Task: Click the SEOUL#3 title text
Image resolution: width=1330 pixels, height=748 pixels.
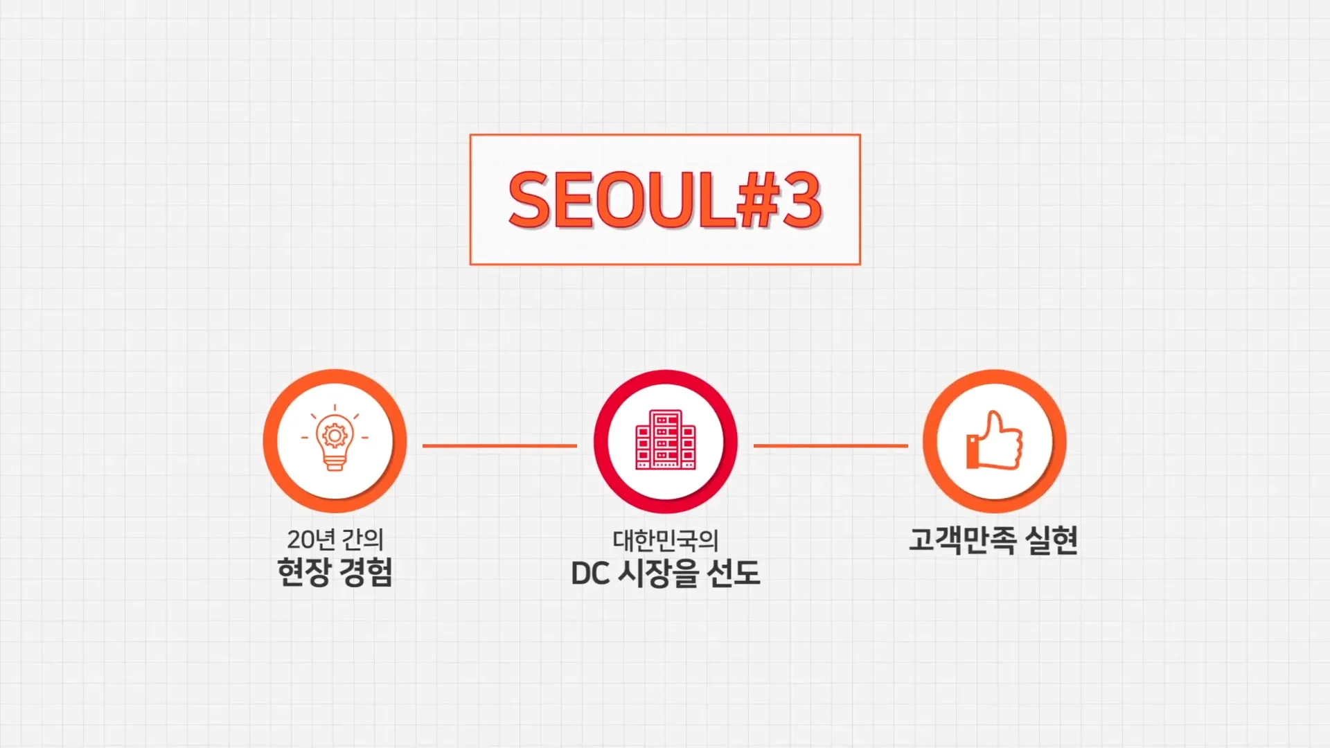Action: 665,199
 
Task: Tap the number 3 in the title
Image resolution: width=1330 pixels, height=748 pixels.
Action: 801,199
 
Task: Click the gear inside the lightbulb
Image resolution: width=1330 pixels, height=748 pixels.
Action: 335,435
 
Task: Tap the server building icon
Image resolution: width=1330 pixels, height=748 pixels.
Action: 666,439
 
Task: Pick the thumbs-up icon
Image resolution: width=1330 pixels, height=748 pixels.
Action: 994,440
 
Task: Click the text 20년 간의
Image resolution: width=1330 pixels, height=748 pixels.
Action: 335,539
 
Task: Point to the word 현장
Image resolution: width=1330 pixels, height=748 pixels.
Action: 303,572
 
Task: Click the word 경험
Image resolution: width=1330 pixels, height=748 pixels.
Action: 366,572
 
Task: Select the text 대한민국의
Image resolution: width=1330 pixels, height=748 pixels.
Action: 666,540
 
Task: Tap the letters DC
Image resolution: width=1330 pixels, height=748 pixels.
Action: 590,574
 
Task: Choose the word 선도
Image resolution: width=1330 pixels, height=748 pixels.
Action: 734,573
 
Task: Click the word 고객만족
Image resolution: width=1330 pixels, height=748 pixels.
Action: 962,540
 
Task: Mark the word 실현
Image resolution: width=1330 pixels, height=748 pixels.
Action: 1052,540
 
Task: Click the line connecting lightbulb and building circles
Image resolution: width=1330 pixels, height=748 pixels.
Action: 499,446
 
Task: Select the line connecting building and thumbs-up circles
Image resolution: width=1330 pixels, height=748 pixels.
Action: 831,446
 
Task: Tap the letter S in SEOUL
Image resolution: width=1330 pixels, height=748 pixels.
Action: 529,200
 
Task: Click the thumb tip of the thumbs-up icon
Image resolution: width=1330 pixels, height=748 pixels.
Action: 995,413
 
